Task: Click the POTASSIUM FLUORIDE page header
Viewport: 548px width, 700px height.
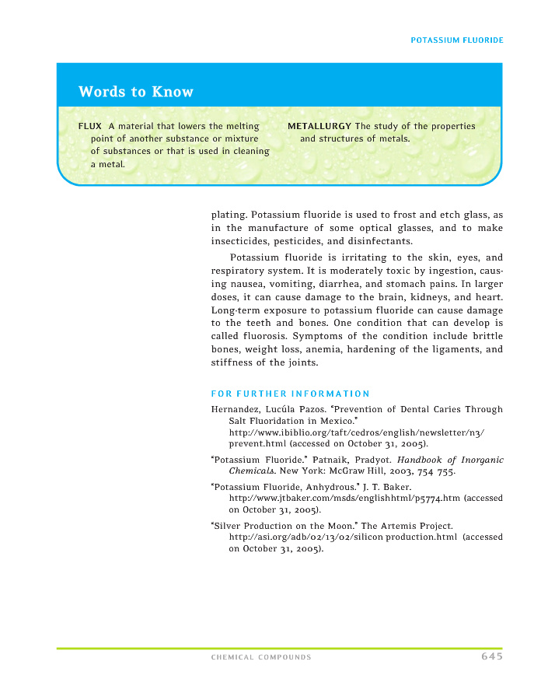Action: point(456,40)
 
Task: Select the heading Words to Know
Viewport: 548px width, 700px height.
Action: point(135,92)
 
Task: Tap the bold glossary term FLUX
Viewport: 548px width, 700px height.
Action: point(89,126)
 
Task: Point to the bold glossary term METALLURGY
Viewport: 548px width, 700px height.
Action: point(319,126)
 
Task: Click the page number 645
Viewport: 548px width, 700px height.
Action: point(491,656)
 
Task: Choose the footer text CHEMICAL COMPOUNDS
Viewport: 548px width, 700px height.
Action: point(261,657)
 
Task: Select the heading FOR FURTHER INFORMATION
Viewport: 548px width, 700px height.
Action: point(290,394)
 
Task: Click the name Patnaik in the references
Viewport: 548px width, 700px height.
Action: point(333,460)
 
